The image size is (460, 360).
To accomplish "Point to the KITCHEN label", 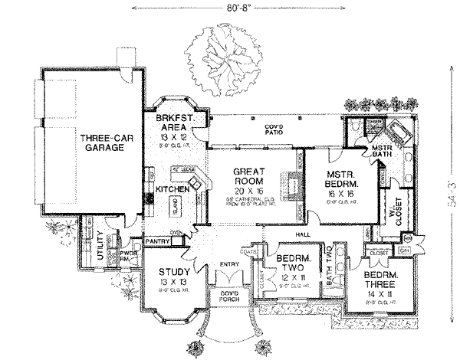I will coord(172,188).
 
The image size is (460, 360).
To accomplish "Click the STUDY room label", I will coord(174,271).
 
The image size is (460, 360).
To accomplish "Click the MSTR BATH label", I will coord(381,152).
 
